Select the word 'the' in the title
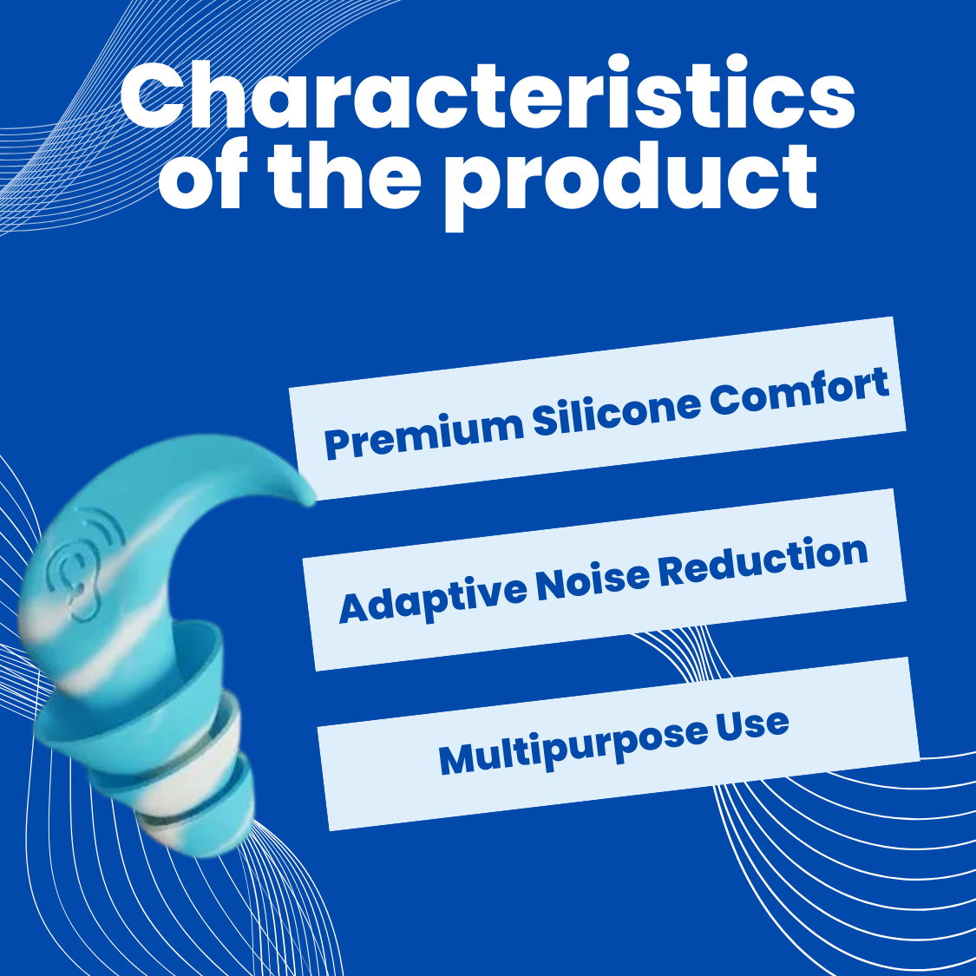tap(345, 175)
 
